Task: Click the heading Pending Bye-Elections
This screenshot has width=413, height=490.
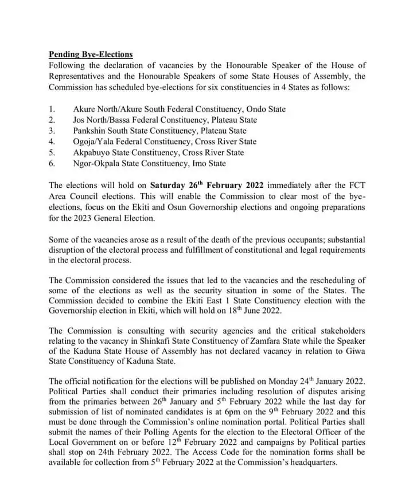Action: pyautogui.click(x=91, y=54)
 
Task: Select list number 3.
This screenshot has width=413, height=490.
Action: pyautogui.click(x=52, y=131)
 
